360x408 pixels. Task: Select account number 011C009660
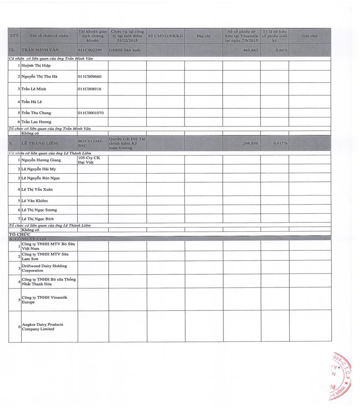click(x=90, y=76)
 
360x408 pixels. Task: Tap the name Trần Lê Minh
click(x=34, y=89)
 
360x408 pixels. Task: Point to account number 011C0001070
click(x=91, y=113)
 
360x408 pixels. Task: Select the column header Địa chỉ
click(x=203, y=36)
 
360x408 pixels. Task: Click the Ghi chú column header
click(x=310, y=36)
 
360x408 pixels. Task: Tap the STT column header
click(x=14, y=36)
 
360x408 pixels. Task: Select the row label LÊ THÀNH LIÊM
click(x=40, y=143)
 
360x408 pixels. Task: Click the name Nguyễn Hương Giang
click(x=41, y=160)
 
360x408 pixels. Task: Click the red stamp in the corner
click(x=341, y=376)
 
